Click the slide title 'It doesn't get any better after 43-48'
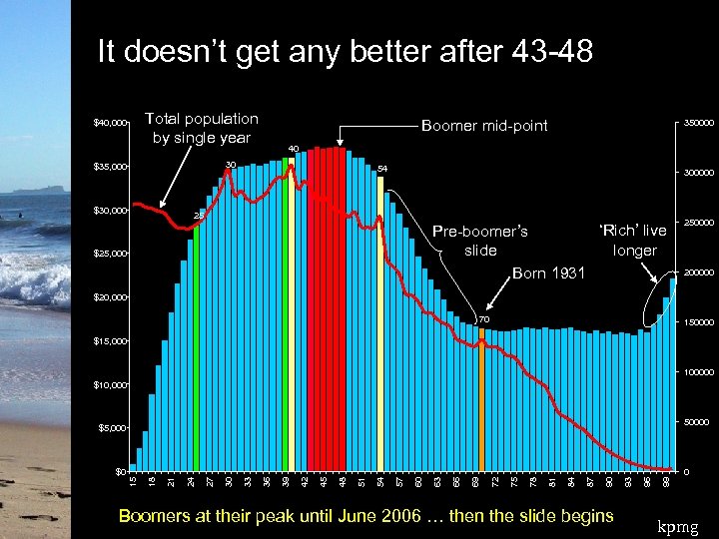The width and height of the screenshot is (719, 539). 345,51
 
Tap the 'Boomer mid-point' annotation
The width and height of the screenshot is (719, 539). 484,126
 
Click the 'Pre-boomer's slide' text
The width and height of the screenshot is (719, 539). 479,240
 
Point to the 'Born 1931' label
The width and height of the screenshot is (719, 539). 548,272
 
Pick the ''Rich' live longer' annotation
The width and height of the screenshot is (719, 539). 634,241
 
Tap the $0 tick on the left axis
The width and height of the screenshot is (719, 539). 120,470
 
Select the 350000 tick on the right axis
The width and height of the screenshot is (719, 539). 698,123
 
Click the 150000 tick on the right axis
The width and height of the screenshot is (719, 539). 698,322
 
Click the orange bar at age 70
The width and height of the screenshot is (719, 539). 481,399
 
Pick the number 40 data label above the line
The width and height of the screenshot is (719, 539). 293,149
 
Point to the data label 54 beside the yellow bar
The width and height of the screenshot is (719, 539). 381,169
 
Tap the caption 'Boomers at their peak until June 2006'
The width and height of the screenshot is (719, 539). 365,515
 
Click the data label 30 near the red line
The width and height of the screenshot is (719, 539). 231,165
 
